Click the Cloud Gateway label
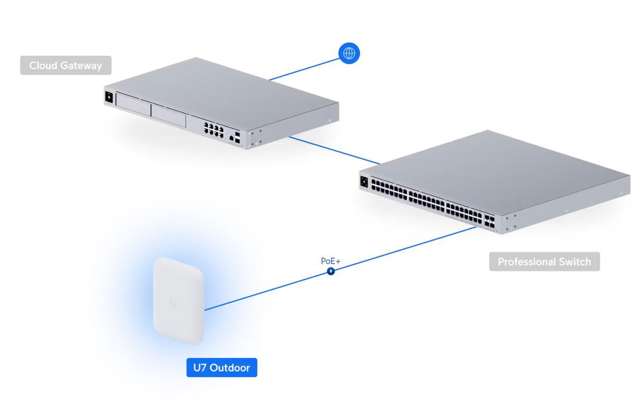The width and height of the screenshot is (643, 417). tap(66, 66)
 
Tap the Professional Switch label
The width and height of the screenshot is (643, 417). tap(544, 262)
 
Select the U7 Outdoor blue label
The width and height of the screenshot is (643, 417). tap(221, 368)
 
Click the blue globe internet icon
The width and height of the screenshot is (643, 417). tap(349, 54)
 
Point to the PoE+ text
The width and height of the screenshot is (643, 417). tap(331, 261)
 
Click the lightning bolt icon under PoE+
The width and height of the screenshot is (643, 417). tap(331, 271)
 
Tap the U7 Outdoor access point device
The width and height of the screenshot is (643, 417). tap(178, 301)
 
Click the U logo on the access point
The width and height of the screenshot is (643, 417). tap(174, 303)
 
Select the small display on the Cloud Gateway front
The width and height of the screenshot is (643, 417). tap(109, 97)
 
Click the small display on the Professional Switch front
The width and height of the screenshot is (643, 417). tap(364, 182)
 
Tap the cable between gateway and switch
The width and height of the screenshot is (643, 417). tap(334, 150)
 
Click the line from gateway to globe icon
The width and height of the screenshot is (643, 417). tap(305, 69)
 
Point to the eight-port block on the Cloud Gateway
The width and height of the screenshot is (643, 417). tap(213, 130)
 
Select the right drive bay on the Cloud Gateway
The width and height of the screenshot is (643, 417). tap(168, 115)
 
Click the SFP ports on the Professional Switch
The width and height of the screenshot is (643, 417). tap(489, 221)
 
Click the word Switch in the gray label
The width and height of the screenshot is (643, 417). tap(571, 262)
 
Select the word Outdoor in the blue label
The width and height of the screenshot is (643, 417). tap(229, 368)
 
